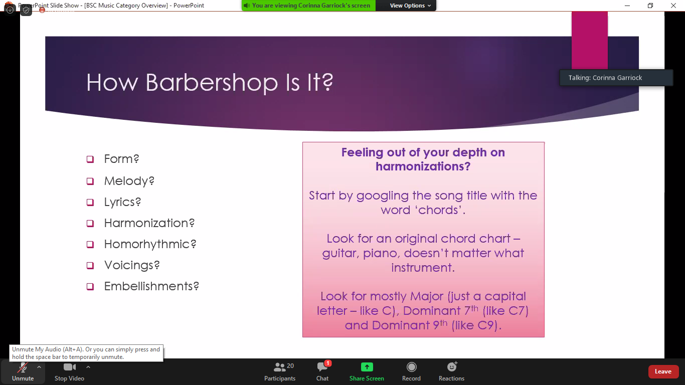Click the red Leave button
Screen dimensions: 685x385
coord(662,371)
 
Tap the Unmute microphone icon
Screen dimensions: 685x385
coord(23,367)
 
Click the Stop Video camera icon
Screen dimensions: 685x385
coord(69,367)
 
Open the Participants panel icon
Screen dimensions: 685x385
coord(279,367)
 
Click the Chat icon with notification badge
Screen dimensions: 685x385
coord(323,366)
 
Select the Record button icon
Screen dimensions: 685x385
coord(411,367)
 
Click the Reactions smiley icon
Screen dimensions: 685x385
coord(452,366)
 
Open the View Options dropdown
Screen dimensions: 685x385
coord(410,6)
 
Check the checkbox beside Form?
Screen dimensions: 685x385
coord(90,159)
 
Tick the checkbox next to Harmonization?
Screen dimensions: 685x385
coord(90,223)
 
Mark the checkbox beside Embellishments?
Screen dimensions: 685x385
coord(90,287)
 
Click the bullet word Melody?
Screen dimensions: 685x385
coord(129,181)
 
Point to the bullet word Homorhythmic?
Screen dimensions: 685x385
coord(150,244)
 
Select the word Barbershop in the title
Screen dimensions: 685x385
coord(212,82)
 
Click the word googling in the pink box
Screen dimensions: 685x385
coord(382,196)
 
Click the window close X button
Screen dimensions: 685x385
coord(673,6)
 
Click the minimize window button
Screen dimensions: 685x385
coord(627,6)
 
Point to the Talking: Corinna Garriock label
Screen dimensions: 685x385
coord(605,78)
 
